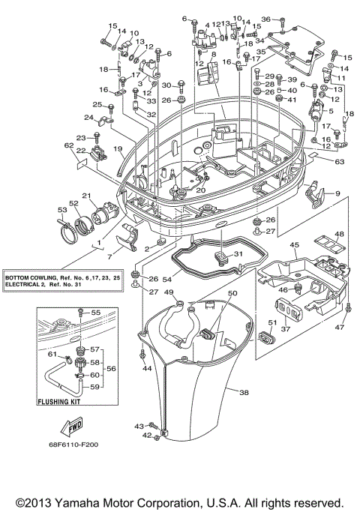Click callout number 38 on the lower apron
pos(243,392)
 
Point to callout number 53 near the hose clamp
pos(61,211)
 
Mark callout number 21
pos(86,196)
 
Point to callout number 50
pos(232,293)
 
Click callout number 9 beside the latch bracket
pos(337,194)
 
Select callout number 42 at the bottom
pos(147,435)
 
